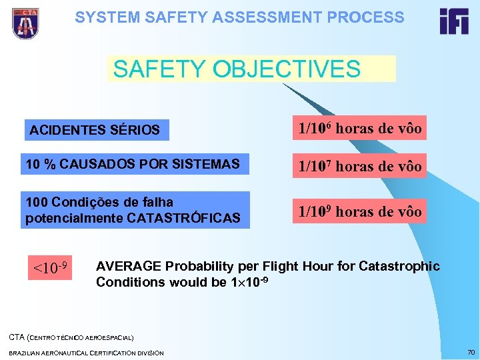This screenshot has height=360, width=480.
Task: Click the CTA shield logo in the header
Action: pyautogui.click(x=25, y=24)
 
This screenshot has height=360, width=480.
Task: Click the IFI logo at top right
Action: pyautogui.click(x=453, y=22)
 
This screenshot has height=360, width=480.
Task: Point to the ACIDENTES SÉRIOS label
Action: pyautogui.click(x=95, y=130)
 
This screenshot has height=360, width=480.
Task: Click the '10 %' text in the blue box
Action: pyautogui.click(x=40, y=164)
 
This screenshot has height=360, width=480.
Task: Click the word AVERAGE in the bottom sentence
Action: pyautogui.click(x=128, y=267)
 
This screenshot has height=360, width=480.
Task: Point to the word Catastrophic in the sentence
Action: pyautogui.click(x=399, y=267)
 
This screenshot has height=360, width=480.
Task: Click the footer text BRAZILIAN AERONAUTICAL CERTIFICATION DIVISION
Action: pyautogui.click(x=87, y=353)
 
